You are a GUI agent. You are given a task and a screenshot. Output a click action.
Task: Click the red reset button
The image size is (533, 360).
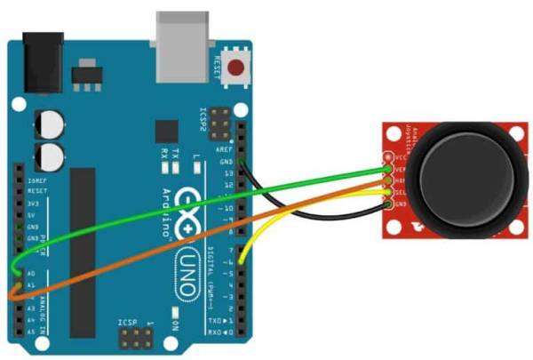(237, 66)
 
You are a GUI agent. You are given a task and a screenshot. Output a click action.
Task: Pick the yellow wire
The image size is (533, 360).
(266, 222)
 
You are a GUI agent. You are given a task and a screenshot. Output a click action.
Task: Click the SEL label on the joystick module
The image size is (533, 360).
(400, 192)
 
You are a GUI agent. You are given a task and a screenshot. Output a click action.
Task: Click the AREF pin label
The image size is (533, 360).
(225, 151)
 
